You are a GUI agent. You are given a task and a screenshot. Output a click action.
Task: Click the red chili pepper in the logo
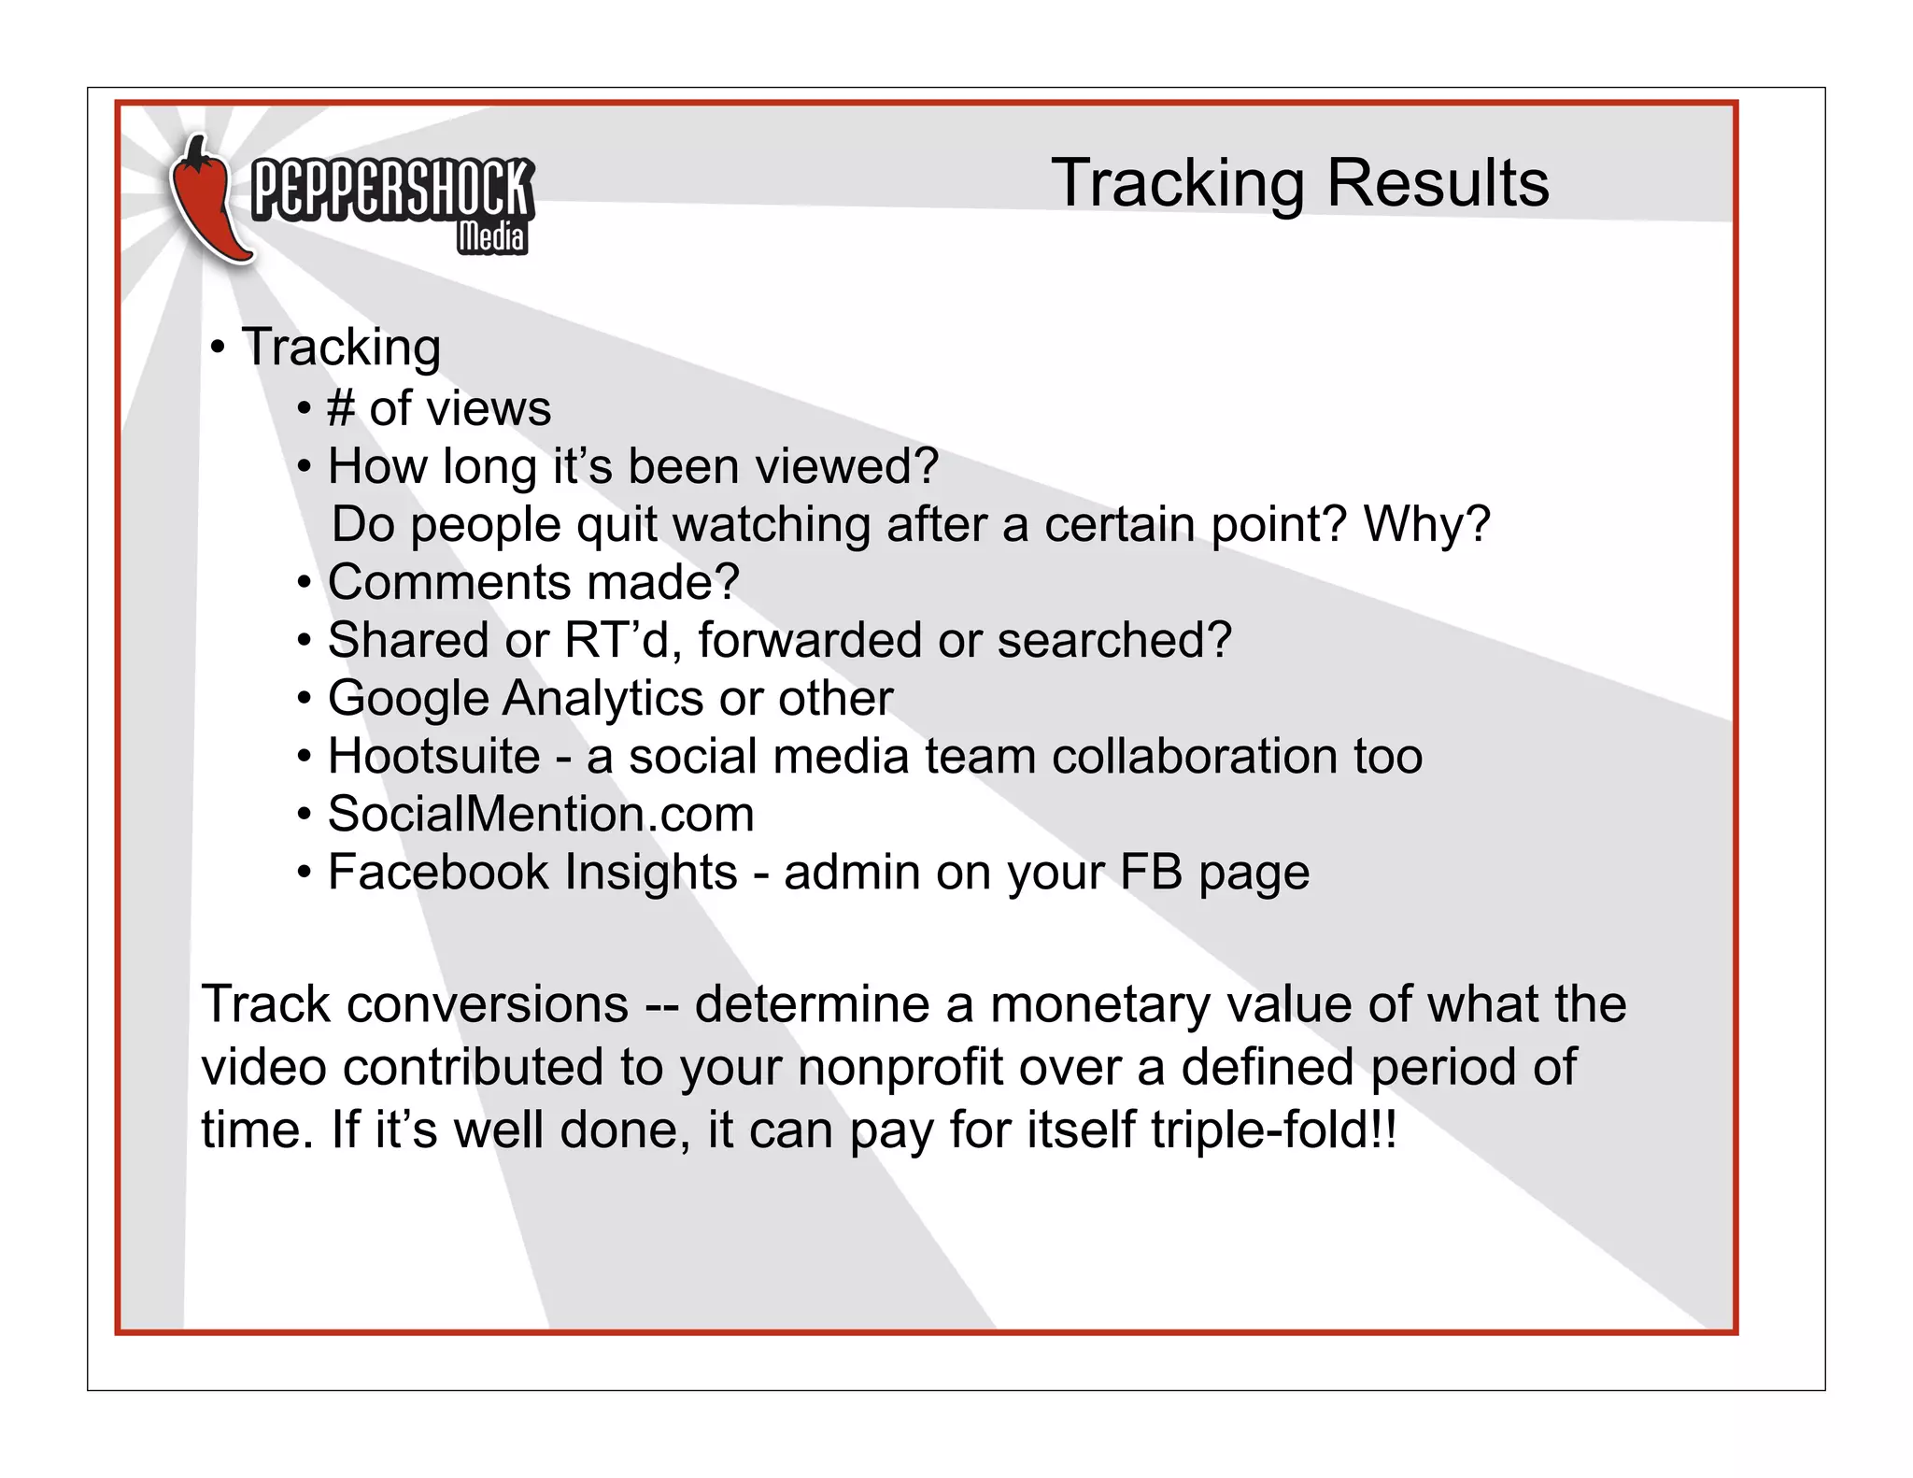tap(207, 201)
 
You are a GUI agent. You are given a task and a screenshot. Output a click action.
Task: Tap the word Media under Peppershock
tap(491, 238)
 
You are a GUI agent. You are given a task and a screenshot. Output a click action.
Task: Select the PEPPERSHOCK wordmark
tap(392, 190)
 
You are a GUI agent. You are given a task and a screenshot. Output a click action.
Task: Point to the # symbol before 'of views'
tap(341, 409)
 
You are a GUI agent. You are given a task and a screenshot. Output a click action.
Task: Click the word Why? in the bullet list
tap(1426, 524)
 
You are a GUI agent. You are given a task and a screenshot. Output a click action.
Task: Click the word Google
tap(408, 699)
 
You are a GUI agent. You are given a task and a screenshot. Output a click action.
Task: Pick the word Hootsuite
tap(433, 756)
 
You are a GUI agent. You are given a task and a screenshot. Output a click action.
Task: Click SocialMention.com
tap(540, 814)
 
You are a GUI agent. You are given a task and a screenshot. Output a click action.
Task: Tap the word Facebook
tap(438, 872)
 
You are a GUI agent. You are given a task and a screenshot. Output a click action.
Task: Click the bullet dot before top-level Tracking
tap(218, 348)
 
